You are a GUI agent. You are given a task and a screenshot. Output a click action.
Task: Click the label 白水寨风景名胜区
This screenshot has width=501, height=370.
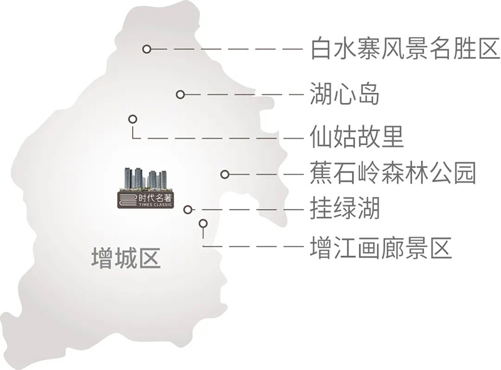click(405, 49)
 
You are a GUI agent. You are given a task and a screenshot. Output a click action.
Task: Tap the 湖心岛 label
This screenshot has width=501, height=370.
click(345, 94)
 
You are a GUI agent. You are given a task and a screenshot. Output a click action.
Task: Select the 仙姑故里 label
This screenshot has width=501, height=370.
click(357, 137)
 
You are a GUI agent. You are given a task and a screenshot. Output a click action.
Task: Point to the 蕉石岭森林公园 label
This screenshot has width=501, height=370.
click(393, 173)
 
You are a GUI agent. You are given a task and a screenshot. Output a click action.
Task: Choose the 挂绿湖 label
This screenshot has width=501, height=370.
click(345, 208)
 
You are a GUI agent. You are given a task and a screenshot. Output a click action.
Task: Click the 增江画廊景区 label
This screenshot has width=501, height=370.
click(381, 248)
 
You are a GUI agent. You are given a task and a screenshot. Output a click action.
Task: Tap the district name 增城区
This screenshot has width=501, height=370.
click(127, 258)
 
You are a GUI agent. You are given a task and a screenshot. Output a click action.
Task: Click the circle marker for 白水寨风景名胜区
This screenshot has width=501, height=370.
click(147, 49)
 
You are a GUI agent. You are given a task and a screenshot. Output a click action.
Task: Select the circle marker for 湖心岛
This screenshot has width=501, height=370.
click(180, 95)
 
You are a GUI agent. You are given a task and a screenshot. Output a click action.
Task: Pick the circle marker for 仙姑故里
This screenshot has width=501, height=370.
click(133, 119)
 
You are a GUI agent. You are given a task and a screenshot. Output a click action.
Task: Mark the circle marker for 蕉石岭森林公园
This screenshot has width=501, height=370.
click(225, 174)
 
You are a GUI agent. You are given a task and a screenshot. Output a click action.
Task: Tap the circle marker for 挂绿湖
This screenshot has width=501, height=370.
click(189, 209)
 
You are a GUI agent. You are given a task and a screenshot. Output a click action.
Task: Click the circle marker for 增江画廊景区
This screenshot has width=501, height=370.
click(203, 223)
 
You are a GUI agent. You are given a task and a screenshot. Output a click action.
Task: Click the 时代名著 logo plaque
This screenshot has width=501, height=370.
click(146, 200)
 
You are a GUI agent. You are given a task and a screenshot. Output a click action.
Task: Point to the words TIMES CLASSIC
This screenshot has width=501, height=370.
click(155, 204)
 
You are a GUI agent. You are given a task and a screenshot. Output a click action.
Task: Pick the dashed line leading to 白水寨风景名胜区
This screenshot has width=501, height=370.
click(227, 49)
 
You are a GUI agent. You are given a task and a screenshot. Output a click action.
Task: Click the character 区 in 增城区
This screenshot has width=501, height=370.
click(150, 258)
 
